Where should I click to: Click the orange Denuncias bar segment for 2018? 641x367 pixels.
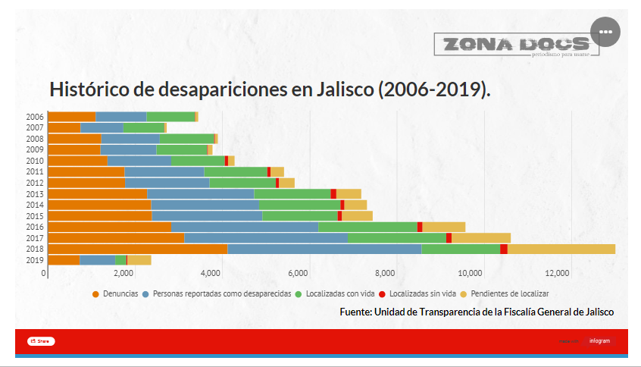point(137,249)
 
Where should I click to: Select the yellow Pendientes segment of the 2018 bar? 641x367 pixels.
point(561,249)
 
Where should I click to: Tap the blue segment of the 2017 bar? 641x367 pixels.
point(266,237)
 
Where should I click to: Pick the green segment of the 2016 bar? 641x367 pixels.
point(367,227)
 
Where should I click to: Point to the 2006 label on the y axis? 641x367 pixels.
point(35,117)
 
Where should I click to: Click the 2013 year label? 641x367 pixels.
point(35,194)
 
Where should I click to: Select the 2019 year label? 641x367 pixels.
point(35,260)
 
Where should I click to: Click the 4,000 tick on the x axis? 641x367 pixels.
point(212,273)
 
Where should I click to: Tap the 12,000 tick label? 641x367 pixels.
point(558,273)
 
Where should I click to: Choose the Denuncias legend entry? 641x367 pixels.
point(117,293)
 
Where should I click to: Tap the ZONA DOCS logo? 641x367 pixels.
point(516,45)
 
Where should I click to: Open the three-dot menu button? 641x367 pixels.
point(605,31)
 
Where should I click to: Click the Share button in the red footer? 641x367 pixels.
point(41,341)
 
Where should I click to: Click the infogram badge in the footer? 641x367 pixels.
point(599,341)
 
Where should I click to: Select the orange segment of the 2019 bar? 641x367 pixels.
point(64,260)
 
